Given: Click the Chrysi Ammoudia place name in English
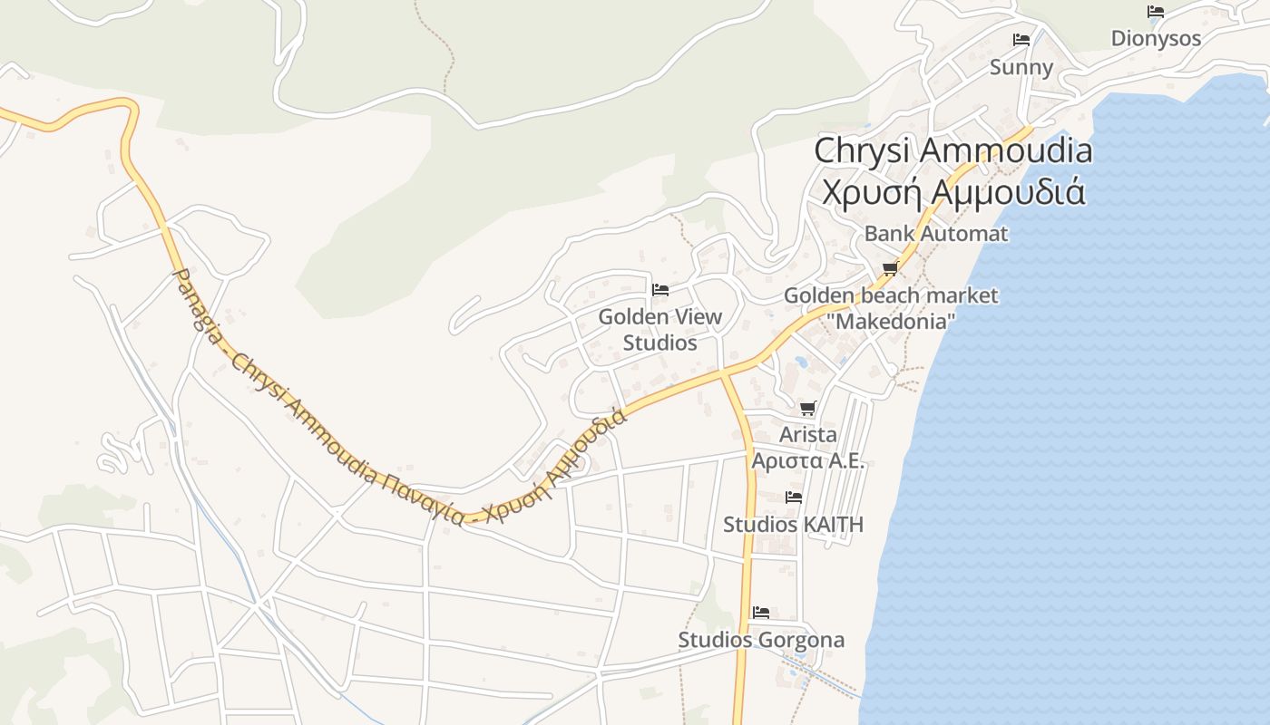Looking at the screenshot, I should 952,150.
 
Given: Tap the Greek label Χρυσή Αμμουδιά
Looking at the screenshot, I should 952,191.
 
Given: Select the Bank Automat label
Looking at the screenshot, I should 935,233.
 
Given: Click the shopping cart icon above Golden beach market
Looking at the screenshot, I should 890,268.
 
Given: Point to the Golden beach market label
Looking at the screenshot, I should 890,295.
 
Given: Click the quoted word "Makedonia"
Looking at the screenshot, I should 890,321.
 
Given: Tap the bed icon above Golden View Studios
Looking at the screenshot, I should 660,290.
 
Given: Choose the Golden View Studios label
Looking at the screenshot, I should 660,330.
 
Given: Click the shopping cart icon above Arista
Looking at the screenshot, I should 808,409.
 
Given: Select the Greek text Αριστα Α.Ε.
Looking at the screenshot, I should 807,460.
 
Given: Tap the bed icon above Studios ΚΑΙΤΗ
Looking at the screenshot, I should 794,498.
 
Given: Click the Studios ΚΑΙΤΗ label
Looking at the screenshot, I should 793,525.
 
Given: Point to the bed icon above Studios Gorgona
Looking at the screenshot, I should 761,614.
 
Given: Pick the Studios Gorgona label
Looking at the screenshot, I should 761,640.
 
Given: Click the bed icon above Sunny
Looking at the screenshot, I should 1021,40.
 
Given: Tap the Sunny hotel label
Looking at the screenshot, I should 1021,67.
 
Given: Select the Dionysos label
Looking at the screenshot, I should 1156,38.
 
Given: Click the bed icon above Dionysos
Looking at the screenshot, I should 1156,12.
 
